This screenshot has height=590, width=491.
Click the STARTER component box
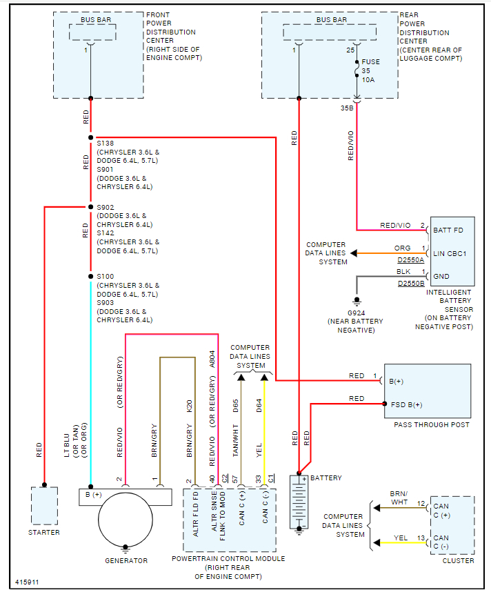point(44,506)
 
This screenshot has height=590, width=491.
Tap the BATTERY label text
point(326,478)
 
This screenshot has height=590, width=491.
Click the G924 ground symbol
point(357,302)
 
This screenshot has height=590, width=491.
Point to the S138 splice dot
point(90,137)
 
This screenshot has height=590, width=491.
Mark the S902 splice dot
point(90,207)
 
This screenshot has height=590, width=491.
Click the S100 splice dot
point(90,276)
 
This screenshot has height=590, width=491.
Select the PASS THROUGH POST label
point(432,425)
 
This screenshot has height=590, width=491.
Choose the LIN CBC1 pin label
point(450,253)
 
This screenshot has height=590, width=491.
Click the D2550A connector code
point(412,259)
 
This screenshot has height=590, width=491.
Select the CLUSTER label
point(458,560)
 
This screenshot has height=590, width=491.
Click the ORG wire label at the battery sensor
point(402,248)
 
